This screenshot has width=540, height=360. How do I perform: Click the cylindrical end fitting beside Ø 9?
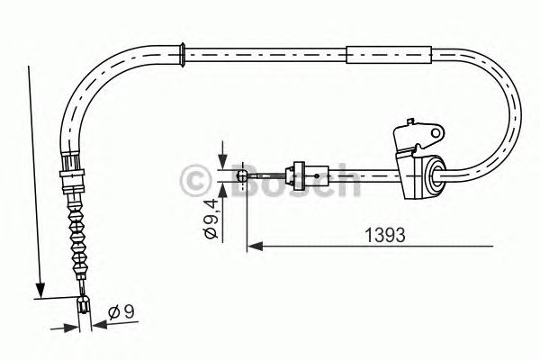(85, 307)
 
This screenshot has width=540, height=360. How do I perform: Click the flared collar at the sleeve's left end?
(184, 53)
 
